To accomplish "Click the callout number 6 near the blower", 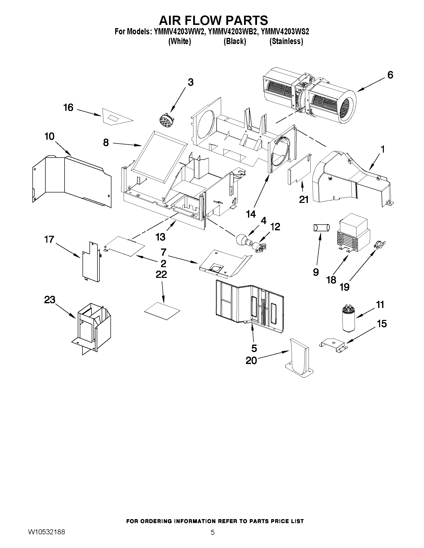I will [x=390, y=75].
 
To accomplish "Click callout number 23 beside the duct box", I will [x=50, y=300].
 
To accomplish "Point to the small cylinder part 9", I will [x=321, y=228].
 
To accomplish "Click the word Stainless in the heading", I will [x=286, y=41].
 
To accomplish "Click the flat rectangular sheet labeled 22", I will [x=162, y=310].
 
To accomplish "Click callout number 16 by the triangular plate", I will [x=68, y=108].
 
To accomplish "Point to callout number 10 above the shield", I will [x=50, y=136].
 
